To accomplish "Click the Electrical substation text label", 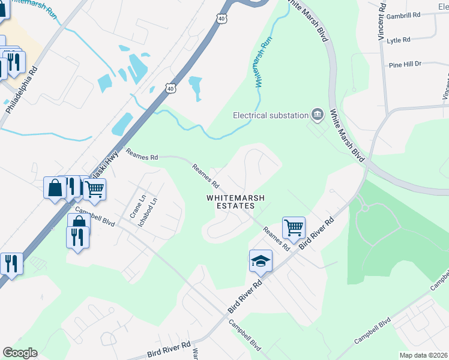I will click(270, 115).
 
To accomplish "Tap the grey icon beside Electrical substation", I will click(318, 114).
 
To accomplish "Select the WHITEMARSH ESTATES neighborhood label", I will click(231, 201).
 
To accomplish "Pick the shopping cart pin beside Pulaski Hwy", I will click(94, 189).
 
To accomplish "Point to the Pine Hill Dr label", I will click(405, 64).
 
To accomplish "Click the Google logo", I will click(20, 353).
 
